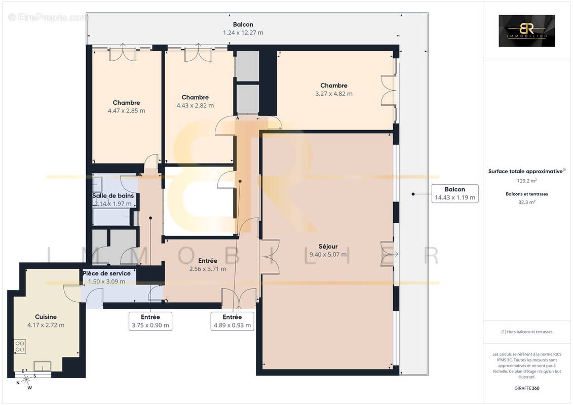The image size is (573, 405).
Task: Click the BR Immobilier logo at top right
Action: [526, 31]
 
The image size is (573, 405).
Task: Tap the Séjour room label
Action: [328, 247]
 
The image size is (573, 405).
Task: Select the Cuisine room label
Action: [46, 317]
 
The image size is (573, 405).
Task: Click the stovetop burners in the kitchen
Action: [20, 346]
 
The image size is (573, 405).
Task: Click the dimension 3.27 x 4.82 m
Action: [334, 94]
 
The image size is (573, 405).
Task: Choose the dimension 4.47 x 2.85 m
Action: [126, 111]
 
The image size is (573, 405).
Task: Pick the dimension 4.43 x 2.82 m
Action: [195, 106]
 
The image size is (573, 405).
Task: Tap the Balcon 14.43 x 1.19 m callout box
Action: [454, 193]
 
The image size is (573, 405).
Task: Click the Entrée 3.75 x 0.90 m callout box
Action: [150, 321]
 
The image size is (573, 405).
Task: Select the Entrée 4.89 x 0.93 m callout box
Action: [232, 321]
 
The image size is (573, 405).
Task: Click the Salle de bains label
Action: [112, 195]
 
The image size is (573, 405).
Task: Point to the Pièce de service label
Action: [106, 273]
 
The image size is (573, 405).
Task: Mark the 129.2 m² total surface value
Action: [526, 180]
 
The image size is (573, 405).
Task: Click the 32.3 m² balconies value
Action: [526, 201]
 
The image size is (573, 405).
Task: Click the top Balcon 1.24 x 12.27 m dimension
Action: [243, 33]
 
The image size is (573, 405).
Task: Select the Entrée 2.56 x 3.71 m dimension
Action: [208, 269]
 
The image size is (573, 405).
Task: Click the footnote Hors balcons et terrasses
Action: [526, 332]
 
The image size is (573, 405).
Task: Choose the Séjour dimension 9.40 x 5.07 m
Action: [328, 255]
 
